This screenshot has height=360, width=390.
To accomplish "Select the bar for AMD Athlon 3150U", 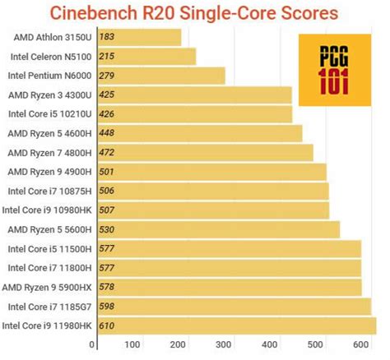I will [138, 37].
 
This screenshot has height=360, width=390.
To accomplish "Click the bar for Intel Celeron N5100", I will [146, 56].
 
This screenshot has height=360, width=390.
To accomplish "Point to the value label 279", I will [108, 75].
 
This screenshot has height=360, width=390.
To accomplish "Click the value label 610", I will [108, 326].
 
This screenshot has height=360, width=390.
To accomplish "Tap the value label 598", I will [108, 307].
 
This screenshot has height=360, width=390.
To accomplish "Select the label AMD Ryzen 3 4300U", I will [50, 95].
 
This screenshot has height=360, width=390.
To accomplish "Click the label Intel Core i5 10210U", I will [50, 114].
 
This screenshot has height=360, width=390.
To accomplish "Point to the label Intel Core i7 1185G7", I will [49, 307].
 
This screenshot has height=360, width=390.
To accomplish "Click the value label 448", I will [108, 133].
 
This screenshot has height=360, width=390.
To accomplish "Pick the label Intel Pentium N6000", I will [49, 75].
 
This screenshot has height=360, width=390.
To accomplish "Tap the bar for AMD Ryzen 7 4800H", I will [205, 152].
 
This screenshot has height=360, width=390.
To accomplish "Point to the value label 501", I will [108, 172].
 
